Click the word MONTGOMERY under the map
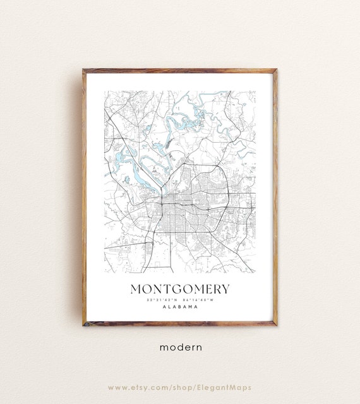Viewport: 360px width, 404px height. [180, 289]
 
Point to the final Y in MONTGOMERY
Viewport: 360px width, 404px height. [225, 289]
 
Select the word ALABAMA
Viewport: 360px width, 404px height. [180, 307]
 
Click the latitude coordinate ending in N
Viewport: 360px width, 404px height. [162, 300]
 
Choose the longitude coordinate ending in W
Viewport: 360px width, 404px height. [198, 300]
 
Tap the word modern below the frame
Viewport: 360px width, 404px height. [180, 347]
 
